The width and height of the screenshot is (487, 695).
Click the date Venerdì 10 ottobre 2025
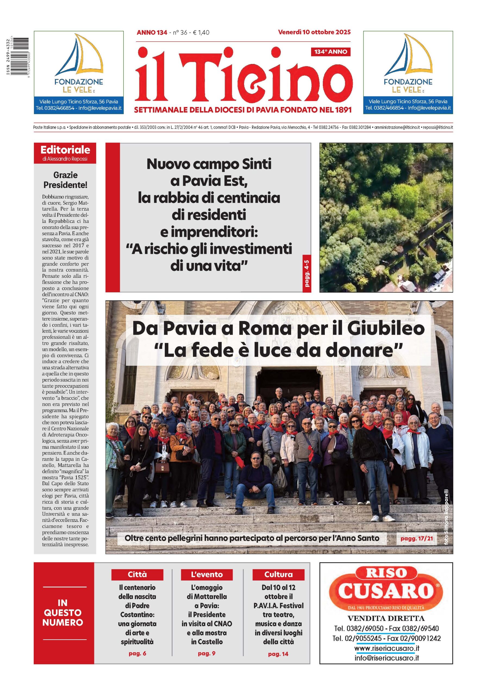coord(314,32)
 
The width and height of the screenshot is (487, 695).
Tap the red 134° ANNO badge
coord(330,52)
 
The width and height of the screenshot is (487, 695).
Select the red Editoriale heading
coord(65,150)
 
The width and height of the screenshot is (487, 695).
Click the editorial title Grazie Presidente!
coord(65,180)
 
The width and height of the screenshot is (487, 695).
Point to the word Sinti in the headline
coord(255,164)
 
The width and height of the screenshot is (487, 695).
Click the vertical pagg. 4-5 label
coord(307,273)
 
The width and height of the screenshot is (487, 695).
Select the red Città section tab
coord(137,574)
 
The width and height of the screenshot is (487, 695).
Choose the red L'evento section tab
coord(207,574)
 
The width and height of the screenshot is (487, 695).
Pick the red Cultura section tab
coord(278,574)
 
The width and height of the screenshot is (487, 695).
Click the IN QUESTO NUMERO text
coord(63,613)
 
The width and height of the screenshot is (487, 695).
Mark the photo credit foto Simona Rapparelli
coord(446,518)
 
